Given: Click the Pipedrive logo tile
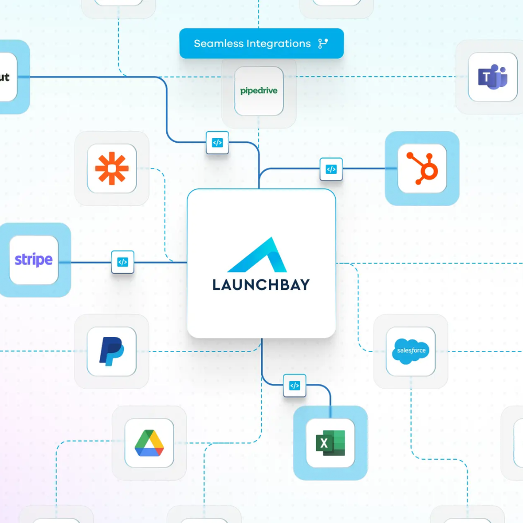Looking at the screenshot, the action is coord(259,91).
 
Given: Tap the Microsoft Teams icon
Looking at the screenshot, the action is coord(493,77).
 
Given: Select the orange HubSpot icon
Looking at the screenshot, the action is coord(422,168).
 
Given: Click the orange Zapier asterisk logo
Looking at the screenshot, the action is coord(111,168).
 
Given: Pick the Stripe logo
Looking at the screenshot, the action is coord(33,259).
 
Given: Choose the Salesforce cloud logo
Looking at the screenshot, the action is coord(411,350).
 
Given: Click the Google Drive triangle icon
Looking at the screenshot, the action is coord(149,442).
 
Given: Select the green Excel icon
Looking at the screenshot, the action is coord(330,443).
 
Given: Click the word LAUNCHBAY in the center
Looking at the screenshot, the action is coord(261,285).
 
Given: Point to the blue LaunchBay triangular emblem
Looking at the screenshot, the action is coord(258,255).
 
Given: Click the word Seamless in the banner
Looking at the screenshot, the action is coord(215,43).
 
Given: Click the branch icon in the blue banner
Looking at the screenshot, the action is coord(323,43).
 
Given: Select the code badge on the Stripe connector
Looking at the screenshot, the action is coord(122,262).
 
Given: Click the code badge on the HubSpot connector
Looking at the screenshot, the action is coord(331,169).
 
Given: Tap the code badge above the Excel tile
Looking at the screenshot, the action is coord(294,385).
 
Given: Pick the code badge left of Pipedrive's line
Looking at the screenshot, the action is coord(217,142).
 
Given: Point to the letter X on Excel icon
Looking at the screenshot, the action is coord(324,444).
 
